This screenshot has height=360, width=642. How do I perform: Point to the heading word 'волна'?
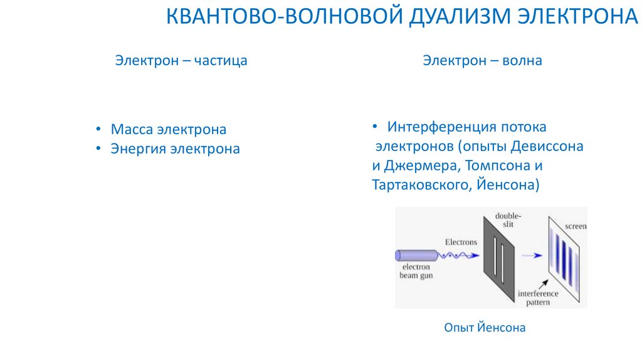click(524, 61)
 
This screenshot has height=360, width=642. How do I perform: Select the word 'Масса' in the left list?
click(132, 130)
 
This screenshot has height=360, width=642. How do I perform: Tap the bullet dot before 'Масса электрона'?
click(99, 130)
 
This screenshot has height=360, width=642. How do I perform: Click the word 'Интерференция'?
click(442, 127)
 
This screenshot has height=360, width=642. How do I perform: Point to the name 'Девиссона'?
click(547, 147)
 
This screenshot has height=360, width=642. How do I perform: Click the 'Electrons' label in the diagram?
click(461, 242)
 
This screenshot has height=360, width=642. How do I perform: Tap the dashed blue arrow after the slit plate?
click(531, 255)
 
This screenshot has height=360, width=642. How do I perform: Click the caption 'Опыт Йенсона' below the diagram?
click(484, 327)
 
